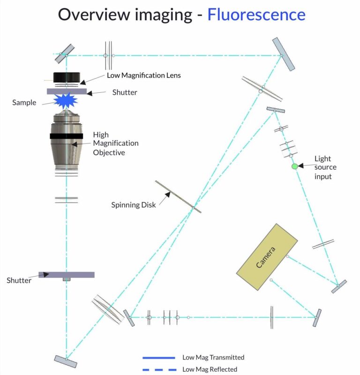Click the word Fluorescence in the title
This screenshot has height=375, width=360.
point(256,15)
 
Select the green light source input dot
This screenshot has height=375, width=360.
point(294,166)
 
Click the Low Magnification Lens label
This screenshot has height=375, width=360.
point(143,75)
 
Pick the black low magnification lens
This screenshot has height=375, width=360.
point(67,77)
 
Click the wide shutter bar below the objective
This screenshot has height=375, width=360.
point(67,275)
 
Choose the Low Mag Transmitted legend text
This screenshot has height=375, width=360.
point(213,358)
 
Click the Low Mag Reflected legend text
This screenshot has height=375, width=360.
point(210,369)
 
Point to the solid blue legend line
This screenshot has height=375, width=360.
point(159,358)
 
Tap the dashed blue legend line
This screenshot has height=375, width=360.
point(159,369)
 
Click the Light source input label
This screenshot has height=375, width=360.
point(326,167)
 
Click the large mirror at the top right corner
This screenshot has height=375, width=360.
point(284,54)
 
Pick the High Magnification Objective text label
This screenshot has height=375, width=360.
point(116,142)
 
